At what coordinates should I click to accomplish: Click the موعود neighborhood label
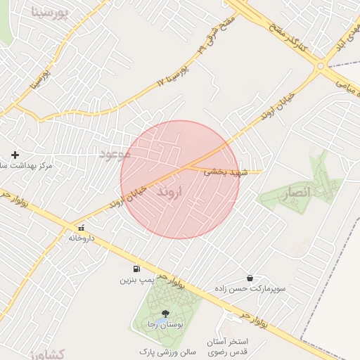point(115,153)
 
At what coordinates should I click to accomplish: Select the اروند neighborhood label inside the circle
point(169,191)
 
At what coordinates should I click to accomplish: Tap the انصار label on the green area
point(296,191)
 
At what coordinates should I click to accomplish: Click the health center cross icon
point(15,154)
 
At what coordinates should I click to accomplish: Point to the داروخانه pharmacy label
point(82,238)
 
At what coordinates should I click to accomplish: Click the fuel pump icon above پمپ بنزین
point(135,269)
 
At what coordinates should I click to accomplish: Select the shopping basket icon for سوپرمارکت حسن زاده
point(250,278)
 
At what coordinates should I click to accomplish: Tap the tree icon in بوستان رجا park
point(165,314)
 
